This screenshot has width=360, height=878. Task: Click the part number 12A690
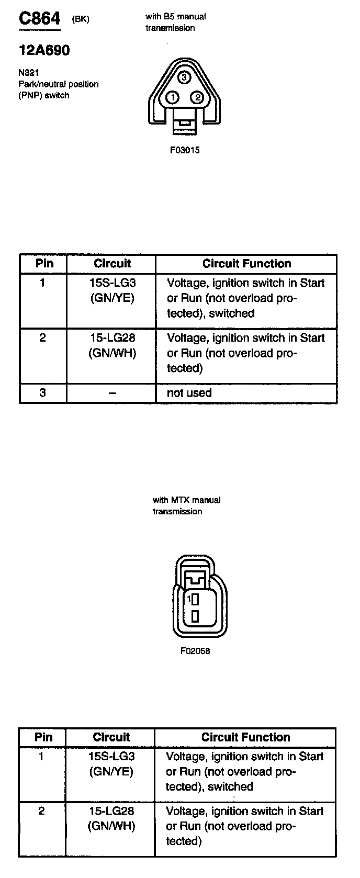(44, 50)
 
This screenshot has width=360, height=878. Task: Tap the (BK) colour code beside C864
(81, 19)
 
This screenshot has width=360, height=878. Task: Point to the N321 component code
(28, 73)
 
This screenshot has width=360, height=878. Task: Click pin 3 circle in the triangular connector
(184, 78)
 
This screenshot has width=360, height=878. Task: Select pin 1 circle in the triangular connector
(172, 98)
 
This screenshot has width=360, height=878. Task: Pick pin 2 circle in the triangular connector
(197, 98)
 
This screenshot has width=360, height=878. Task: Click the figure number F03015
(185, 150)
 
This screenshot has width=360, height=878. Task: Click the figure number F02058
(195, 651)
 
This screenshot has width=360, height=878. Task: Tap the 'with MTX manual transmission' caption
(186, 505)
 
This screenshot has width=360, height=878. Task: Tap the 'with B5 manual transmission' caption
(175, 22)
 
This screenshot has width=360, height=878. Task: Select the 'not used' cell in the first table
(189, 393)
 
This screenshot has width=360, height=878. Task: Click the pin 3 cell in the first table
(43, 392)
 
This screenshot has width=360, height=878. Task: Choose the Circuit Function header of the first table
(246, 264)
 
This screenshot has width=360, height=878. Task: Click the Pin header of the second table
(43, 737)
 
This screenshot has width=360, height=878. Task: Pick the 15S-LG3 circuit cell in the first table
(111, 290)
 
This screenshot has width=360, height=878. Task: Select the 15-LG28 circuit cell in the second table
(111, 818)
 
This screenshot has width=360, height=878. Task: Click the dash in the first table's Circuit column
(111, 393)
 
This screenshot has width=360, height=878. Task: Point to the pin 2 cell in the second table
(42, 811)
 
